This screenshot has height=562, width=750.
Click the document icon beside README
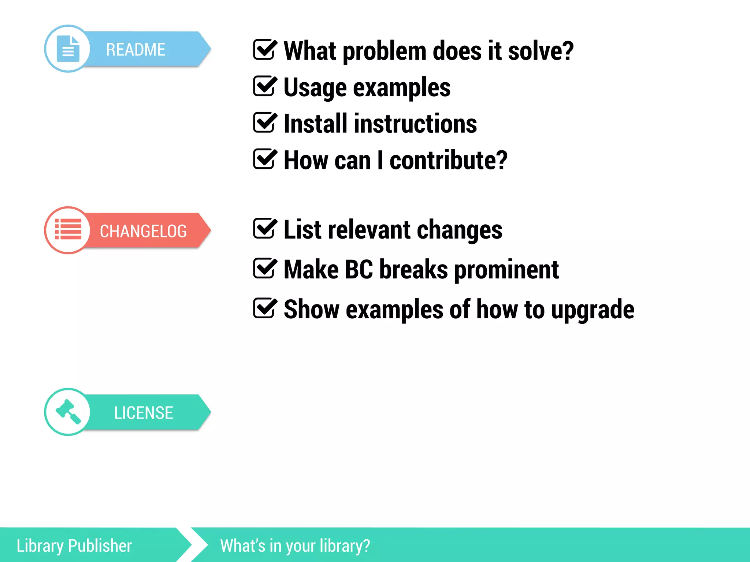pyautogui.click(x=68, y=49)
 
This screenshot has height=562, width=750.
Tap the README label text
pyautogui.click(x=135, y=50)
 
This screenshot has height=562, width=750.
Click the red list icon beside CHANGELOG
pyautogui.click(x=68, y=230)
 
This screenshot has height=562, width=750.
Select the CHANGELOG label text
pyautogui.click(x=143, y=231)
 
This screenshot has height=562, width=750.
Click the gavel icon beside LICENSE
pyautogui.click(x=68, y=412)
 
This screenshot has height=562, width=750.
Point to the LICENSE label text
pyautogui.click(x=143, y=413)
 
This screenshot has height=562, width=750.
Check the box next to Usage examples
pyautogui.click(x=264, y=86)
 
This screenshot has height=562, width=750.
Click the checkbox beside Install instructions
pyautogui.click(x=264, y=123)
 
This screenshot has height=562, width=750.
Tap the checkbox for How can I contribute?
pyautogui.click(x=264, y=159)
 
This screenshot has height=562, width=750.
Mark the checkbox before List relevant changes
pyautogui.click(x=264, y=228)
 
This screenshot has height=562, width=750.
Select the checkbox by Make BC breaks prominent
pyautogui.click(x=264, y=268)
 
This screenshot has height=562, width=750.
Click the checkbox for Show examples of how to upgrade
pyautogui.click(x=264, y=308)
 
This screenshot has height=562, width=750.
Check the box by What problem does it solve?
pyautogui.click(x=264, y=50)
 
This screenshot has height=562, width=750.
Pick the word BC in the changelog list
pyautogui.click(x=359, y=270)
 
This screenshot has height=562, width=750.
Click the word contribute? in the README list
pyautogui.click(x=448, y=160)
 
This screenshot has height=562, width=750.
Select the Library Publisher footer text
pyautogui.click(x=74, y=546)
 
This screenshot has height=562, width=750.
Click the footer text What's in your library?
pyautogui.click(x=295, y=546)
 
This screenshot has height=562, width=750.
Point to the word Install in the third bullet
pyautogui.click(x=315, y=124)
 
